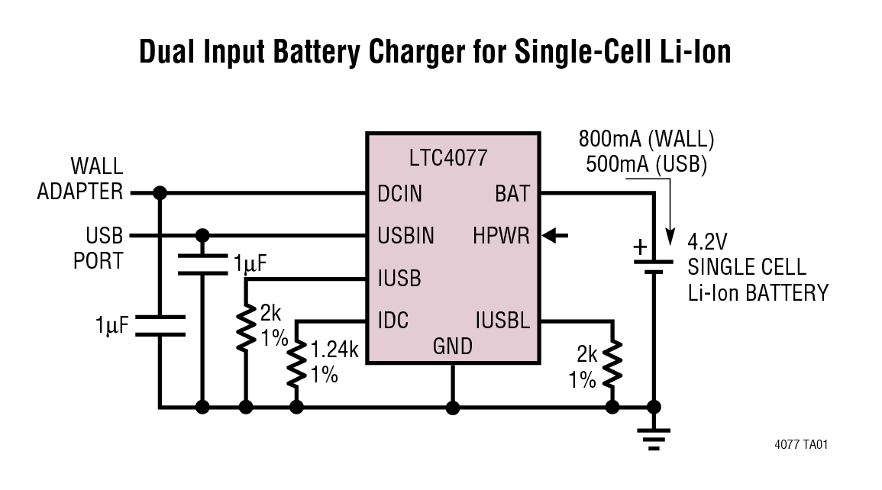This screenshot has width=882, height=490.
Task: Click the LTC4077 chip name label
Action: click(447, 158)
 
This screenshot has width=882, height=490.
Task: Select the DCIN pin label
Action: click(399, 194)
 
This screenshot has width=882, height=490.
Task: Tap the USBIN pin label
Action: click(405, 236)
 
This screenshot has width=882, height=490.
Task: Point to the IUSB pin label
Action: click(399, 279)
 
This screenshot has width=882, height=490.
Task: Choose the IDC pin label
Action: click(393, 320)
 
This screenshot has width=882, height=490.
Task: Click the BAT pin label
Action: click(512, 194)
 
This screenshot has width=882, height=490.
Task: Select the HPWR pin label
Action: click(501, 236)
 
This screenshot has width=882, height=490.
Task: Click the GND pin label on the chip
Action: click(453, 347)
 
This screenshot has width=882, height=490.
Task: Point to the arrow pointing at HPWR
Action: click(555, 237)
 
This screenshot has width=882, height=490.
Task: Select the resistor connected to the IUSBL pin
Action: click(612, 365)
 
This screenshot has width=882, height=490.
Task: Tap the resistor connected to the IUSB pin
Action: click(245, 328)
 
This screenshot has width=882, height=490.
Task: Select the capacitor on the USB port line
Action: click(202, 264)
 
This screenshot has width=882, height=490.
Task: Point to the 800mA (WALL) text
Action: click(646, 140)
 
